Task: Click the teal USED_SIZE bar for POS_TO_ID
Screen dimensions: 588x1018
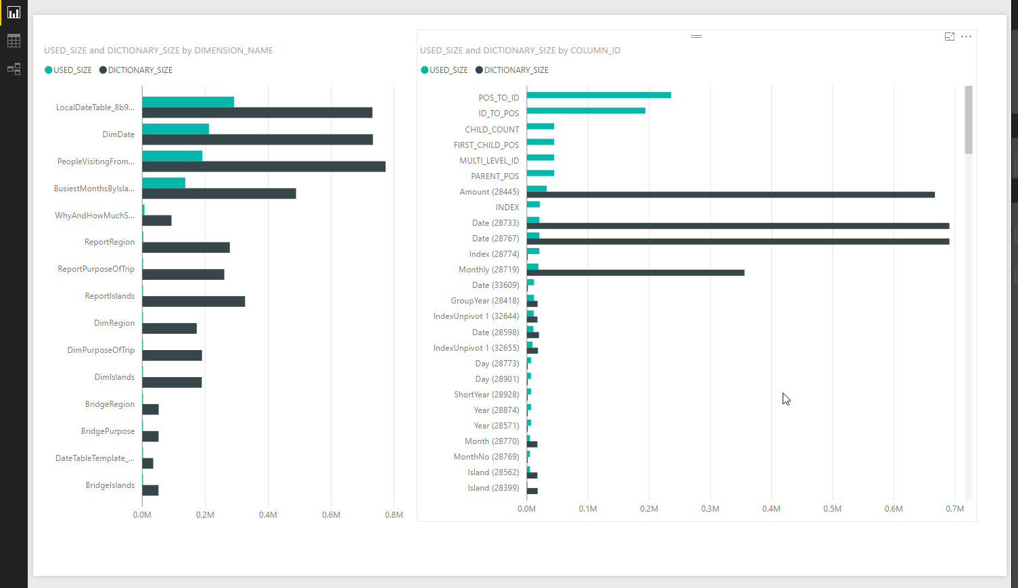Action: pyautogui.click(x=599, y=95)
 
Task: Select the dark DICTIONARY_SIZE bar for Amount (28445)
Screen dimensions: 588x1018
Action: pyautogui.click(x=731, y=195)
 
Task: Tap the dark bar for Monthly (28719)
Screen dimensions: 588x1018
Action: pyautogui.click(x=635, y=273)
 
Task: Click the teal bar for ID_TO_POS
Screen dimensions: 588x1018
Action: pyautogui.click(x=586, y=111)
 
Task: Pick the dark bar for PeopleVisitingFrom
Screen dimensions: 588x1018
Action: pyautogui.click(x=264, y=167)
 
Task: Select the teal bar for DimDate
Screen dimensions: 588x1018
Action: pyautogui.click(x=175, y=129)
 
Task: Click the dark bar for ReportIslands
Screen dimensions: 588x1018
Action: pyautogui.click(x=193, y=301)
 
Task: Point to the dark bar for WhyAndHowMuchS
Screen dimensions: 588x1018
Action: pyautogui.click(x=157, y=220)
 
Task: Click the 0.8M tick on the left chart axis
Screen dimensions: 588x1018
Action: pyautogui.click(x=394, y=515)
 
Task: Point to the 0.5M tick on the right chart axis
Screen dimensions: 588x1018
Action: pyautogui.click(x=832, y=509)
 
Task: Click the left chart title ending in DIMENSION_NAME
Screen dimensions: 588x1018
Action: pyautogui.click(x=158, y=51)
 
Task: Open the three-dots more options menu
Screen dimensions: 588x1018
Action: pyautogui.click(x=966, y=36)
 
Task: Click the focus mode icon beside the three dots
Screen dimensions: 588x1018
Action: pyautogui.click(x=950, y=36)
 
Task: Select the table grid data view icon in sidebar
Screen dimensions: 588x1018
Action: pyautogui.click(x=14, y=41)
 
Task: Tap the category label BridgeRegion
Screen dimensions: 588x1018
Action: pyautogui.click(x=110, y=404)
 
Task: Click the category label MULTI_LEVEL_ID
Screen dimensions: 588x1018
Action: pyautogui.click(x=489, y=161)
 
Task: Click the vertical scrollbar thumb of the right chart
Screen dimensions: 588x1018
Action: pyautogui.click(x=969, y=120)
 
